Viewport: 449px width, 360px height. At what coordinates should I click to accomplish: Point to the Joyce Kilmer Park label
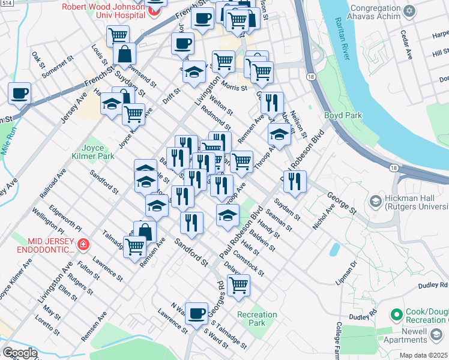[x=98, y=151]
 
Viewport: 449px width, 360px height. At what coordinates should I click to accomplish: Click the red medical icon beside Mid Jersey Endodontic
[x=82, y=244]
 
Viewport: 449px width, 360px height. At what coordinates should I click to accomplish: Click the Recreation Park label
[x=257, y=319]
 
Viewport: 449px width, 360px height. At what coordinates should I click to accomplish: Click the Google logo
[x=20, y=353]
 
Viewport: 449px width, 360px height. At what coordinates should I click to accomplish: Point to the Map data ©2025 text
[x=424, y=355]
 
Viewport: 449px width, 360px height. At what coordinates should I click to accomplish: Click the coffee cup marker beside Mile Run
[x=19, y=94]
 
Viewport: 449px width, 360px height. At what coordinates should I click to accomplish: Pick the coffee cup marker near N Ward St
[x=196, y=313]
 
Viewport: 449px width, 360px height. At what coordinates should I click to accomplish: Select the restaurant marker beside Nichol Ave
[x=295, y=181]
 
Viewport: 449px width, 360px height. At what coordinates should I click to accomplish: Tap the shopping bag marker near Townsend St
[x=124, y=53]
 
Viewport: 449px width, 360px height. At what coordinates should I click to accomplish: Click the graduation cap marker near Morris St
[x=194, y=72]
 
